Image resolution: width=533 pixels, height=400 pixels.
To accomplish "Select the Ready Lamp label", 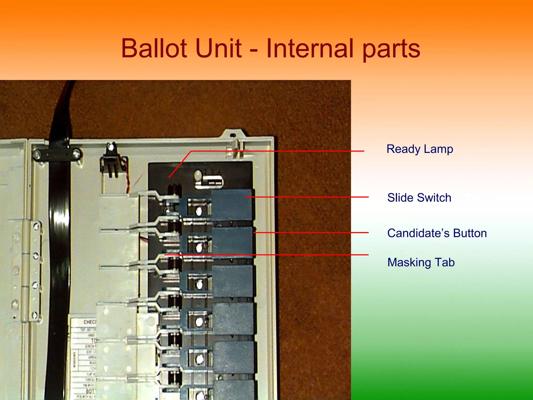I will [420, 149].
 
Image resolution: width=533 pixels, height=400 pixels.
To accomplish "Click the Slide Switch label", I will [419, 198].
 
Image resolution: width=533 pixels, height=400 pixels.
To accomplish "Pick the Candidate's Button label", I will [437, 233].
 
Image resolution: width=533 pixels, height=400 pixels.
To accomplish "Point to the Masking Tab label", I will [421, 262].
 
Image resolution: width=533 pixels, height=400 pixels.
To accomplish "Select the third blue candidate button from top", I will [232, 281].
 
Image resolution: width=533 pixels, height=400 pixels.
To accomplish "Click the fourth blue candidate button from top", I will [233, 318].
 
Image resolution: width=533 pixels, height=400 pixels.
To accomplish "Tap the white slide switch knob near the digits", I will [198, 175].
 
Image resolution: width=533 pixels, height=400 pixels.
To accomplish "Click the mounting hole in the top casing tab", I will [233, 135].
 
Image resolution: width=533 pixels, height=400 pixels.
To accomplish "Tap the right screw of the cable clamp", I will [76, 154].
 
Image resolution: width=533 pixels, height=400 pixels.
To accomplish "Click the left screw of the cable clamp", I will [37, 155].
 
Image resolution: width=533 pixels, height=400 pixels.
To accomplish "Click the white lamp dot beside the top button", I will [199, 211].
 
